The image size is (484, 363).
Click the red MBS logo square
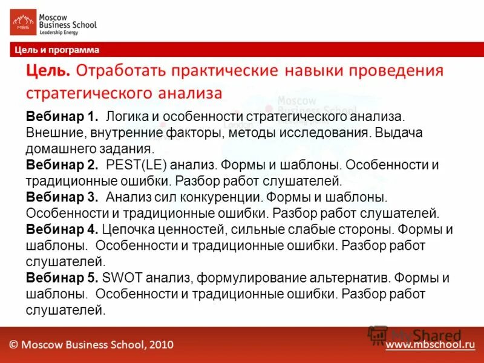(x=23, y=22)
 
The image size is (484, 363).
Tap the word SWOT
(x=118, y=278)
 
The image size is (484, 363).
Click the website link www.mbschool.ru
(x=430, y=344)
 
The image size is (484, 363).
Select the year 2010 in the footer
(x=160, y=344)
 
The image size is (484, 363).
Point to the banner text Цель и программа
(x=57, y=50)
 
